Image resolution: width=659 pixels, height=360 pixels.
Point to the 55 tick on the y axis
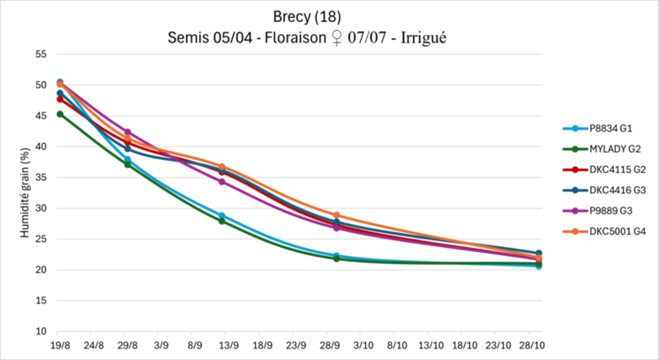pyautogui.click(x=41, y=54)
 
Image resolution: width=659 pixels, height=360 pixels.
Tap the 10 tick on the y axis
pyautogui.click(x=41, y=332)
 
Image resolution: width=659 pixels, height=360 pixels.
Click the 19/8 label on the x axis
pyautogui.click(x=59, y=347)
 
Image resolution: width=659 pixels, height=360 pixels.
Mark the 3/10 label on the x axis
pyautogui.click(x=363, y=347)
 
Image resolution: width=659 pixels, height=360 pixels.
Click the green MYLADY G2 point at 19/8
pyautogui.click(x=60, y=114)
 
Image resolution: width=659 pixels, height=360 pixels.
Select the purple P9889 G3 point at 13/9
pyautogui.click(x=222, y=182)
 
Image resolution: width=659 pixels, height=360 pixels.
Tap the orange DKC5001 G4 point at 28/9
pyautogui.click(x=337, y=215)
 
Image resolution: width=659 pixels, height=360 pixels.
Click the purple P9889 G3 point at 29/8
pyautogui.click(x=127, y=131)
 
